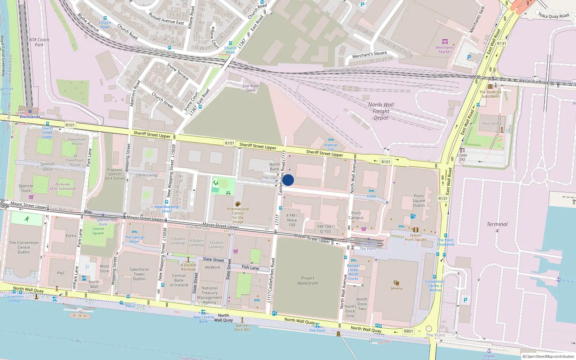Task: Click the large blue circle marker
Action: tap(288, 180)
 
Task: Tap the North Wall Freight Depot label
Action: tap(381, 111)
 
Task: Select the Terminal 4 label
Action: tap(497, 227)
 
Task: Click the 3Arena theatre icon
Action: tap(396, 283)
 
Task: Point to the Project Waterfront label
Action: tap(308, 280)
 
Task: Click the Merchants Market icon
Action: tap(445, 42)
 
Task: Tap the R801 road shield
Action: tap(408, 331)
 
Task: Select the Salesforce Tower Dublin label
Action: tap(139, 274)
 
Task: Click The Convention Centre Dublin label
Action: tap(24, 247)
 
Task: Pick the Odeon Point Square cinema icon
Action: tap(416, 230)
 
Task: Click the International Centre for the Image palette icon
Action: tap(238, 204)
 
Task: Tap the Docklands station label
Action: tap(30, 117)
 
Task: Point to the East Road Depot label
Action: tap(250, 88)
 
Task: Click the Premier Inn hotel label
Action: tap(331, 147)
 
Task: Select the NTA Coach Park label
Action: tap(39, 42)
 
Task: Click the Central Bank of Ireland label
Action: tap(179, 280)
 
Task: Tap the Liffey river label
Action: tap(77, 341)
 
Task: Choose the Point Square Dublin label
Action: tap(419, 201)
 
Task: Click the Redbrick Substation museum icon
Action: tap(490, 86)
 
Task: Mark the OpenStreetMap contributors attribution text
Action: tap(548, 356)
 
